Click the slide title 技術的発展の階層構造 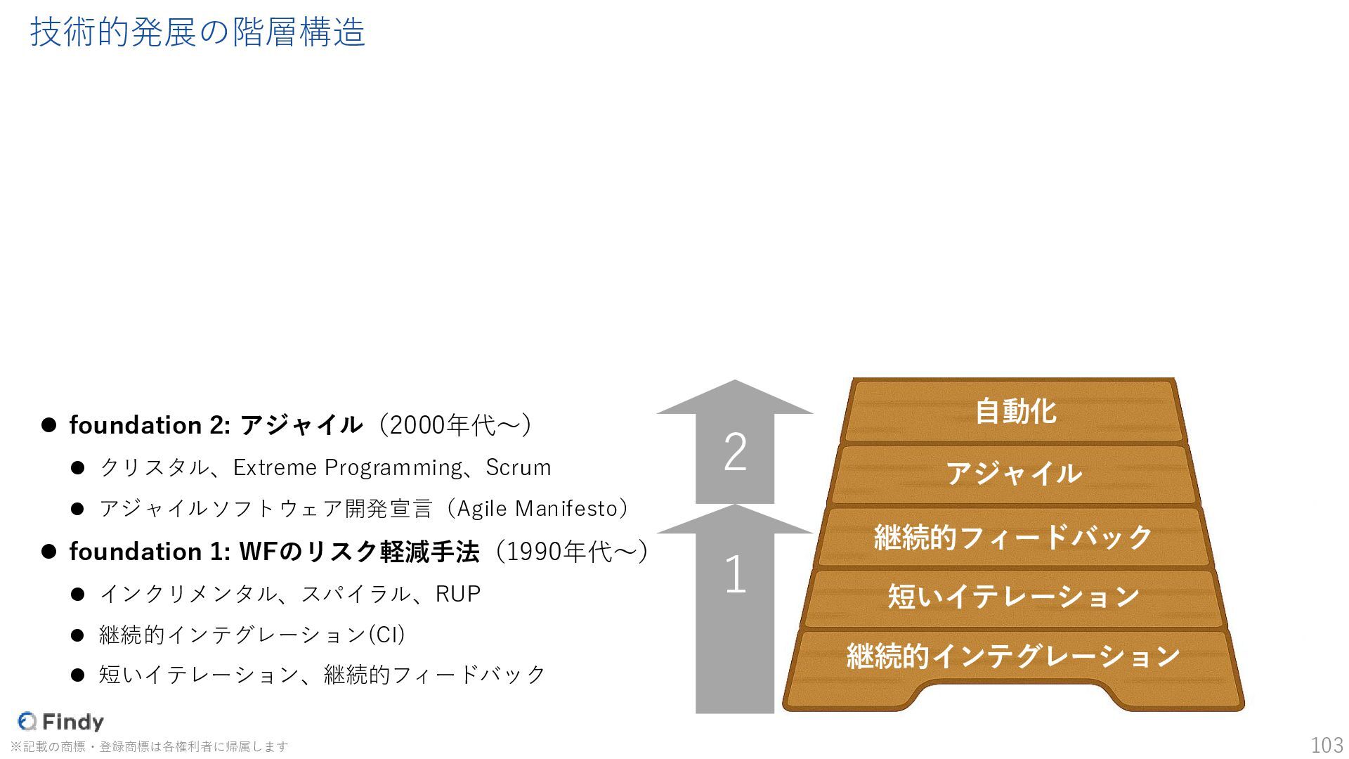click(x=197, y=33)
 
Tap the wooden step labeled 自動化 click(x=1015, y=412)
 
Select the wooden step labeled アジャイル click(x=1013, y=474)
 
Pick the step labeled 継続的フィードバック click(x=1013, y=537)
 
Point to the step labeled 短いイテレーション click(x=1013, y=597)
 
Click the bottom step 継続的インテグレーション click(x=1013, y=656)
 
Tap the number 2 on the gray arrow click(x=735, y=452)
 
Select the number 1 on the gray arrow click(x=735, y=575)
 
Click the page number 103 click(x=1327, y=745)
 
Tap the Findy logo click(x=61, y=722)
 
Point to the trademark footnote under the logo click(x=149, y=746)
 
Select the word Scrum click(x=519, y=467)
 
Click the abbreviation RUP click(x=458, y=594)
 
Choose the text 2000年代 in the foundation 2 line click(x=443, y=425)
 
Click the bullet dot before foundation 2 click(x=48, y=425)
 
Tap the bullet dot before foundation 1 click(x=48, y=552)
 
